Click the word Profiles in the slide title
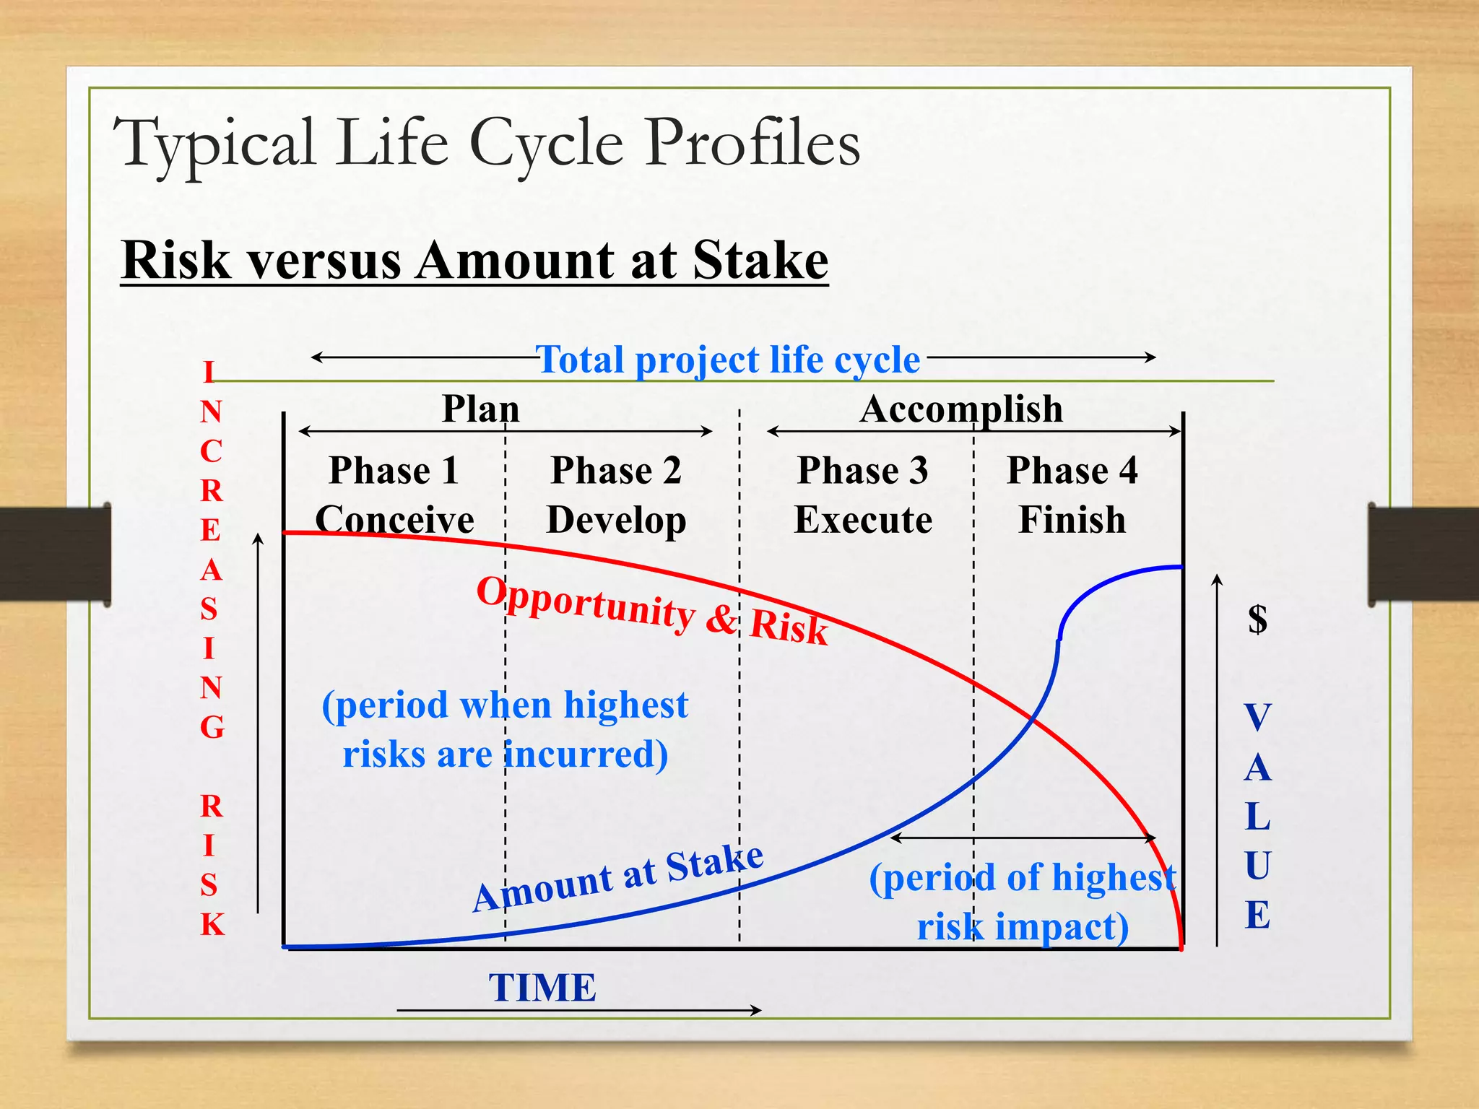click(x=752, y=143)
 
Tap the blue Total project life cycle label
click(x=728, y=360)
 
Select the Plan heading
click(x=480, y=409)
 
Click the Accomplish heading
click(x=961, y=409)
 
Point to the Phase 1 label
click(x=394, y=471)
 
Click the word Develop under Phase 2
click(x=616, y=520)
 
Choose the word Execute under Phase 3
click(x=863, y=520)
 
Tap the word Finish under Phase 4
click(x=1072, y=520)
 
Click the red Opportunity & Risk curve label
click(x=652, y=610)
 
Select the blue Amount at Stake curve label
click(x=618, y=878)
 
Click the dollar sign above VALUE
click(x=1257, y=619)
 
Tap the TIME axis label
click(x=542, y=988)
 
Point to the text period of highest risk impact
click(x=1023, y=902)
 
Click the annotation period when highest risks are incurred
click(x=505, y=729)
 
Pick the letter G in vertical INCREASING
click(x=212, y=727)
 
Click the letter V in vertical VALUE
click(x=1257, y=718)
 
